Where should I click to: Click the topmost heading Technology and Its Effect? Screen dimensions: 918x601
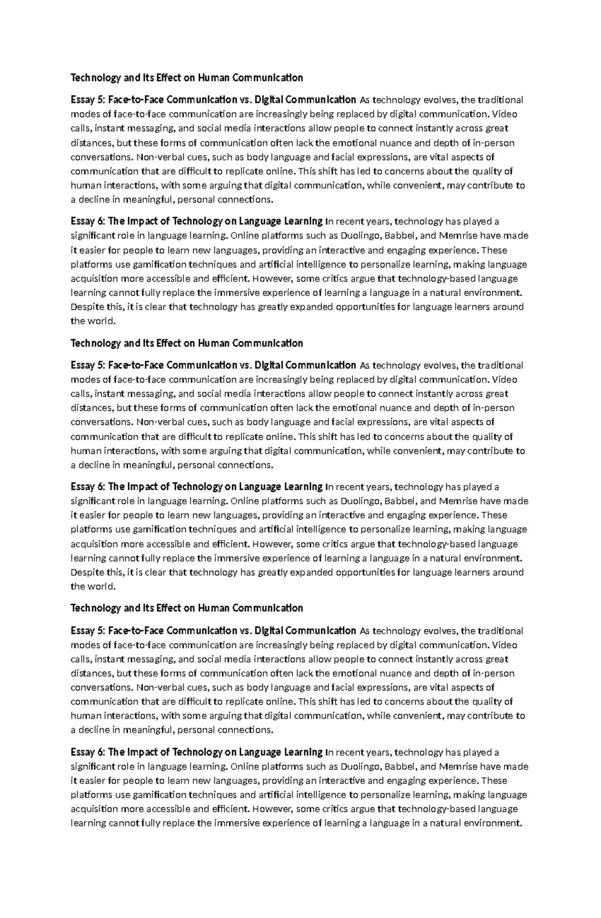pos(186,78)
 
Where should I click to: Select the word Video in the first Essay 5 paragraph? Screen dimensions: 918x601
pos(506,114)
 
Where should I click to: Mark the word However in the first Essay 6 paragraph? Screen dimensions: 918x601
pos(272,278)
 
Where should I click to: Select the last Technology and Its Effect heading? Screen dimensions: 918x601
pos(186,608)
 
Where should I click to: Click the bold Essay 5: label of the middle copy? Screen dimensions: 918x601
pos(88,365)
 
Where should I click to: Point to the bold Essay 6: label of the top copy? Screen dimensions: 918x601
pos(88,221)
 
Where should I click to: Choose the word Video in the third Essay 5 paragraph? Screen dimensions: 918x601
pos(506,645)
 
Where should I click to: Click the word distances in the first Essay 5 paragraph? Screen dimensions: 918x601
pos(92,143)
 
